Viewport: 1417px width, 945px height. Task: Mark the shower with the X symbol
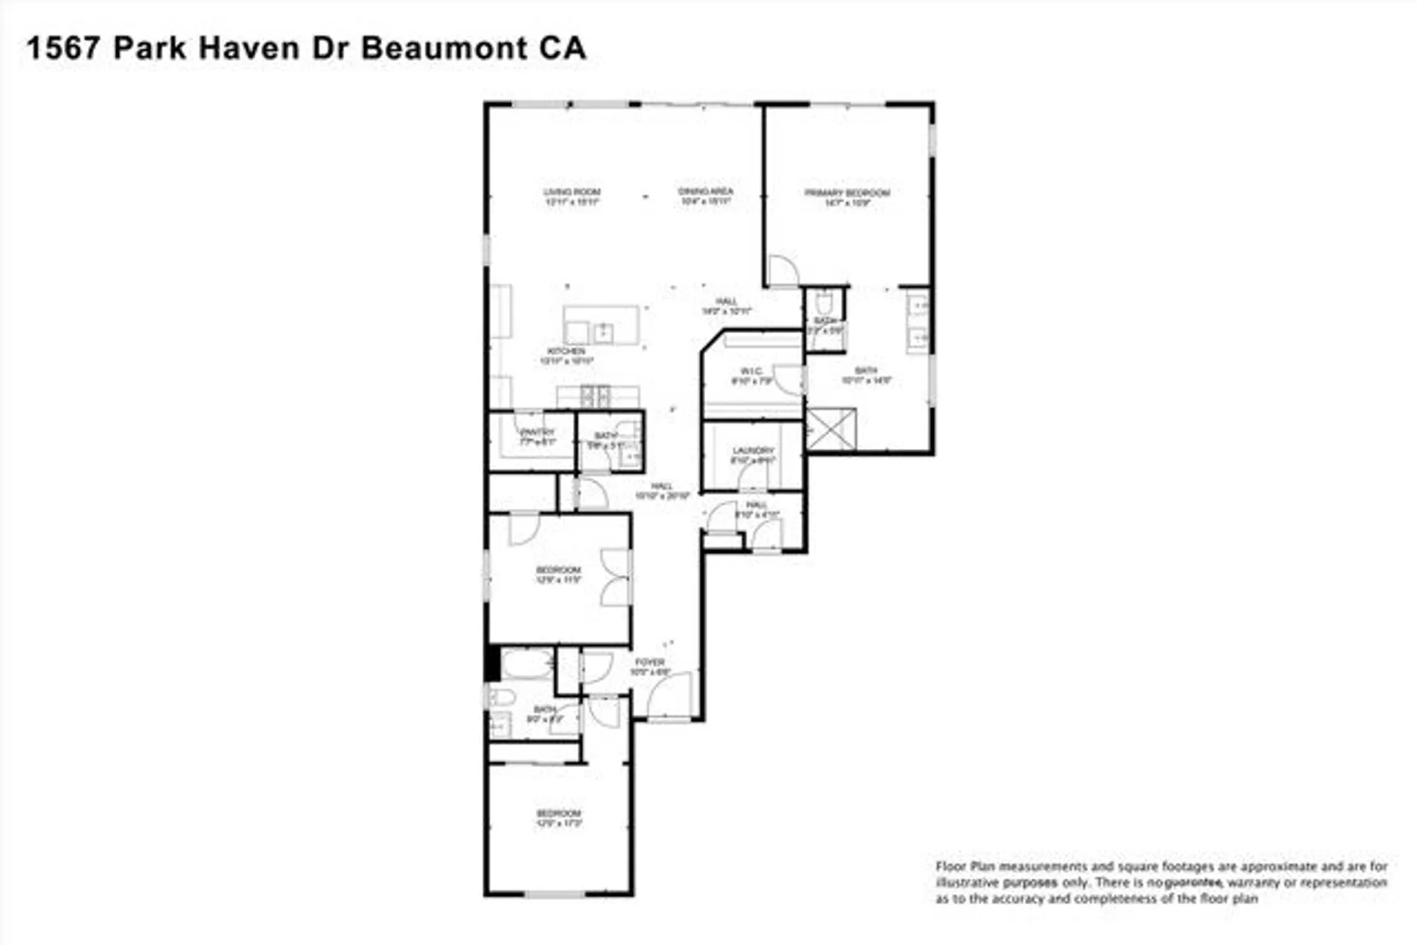click(830, 429)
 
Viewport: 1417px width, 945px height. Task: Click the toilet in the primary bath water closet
click(823, 305)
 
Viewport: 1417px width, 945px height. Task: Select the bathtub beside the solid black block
click(526, 664)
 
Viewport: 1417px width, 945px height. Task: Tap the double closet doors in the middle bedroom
click(615, 577)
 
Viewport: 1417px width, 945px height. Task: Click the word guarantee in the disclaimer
click(1194, 883)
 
